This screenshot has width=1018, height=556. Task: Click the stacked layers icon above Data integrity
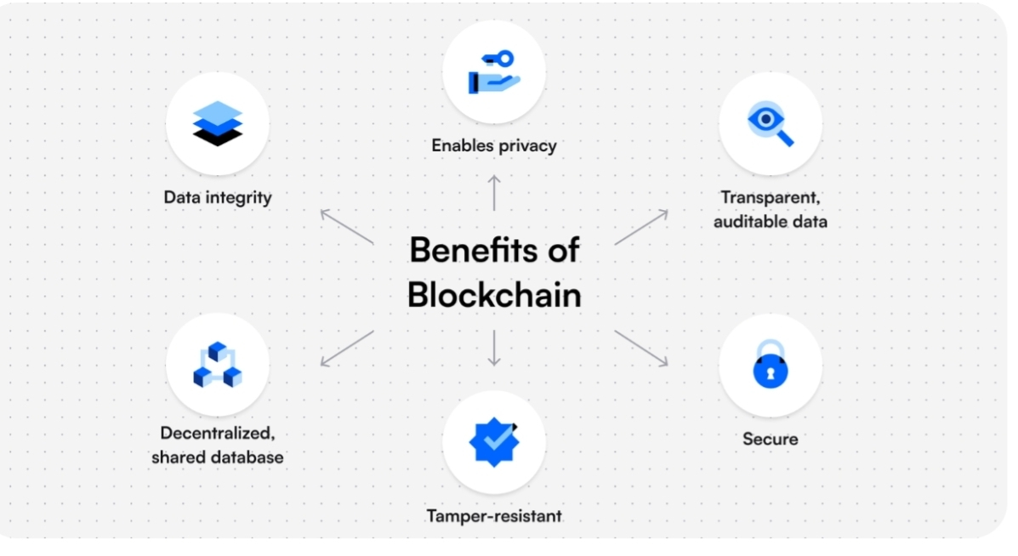tap(218, 123)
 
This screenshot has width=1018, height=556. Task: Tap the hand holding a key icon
tap(494, 72)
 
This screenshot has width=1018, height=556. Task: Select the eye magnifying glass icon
tap(770, 123)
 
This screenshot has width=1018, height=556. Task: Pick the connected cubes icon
tap(218, 366)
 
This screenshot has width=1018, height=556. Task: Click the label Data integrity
tap(218, 197)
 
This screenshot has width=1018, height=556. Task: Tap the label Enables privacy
tap(494, 145)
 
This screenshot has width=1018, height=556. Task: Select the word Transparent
tap(770, 197)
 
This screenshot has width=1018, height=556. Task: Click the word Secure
tap(771, 439)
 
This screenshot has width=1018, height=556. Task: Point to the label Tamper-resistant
tap(494, 515)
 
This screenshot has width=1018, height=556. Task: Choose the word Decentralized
tap(218, 433)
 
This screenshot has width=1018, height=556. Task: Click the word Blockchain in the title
tap(494, 294)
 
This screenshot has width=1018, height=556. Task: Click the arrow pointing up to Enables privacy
tap(494, 192)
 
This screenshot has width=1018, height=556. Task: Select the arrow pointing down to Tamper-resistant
tap(494, 348)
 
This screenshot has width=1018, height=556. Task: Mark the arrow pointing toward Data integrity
tap(346, 226)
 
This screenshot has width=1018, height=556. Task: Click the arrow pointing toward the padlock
tap(641, 349)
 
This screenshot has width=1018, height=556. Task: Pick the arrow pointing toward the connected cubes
tap(346, 349)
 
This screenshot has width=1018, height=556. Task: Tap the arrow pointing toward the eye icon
tap(641, 227)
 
